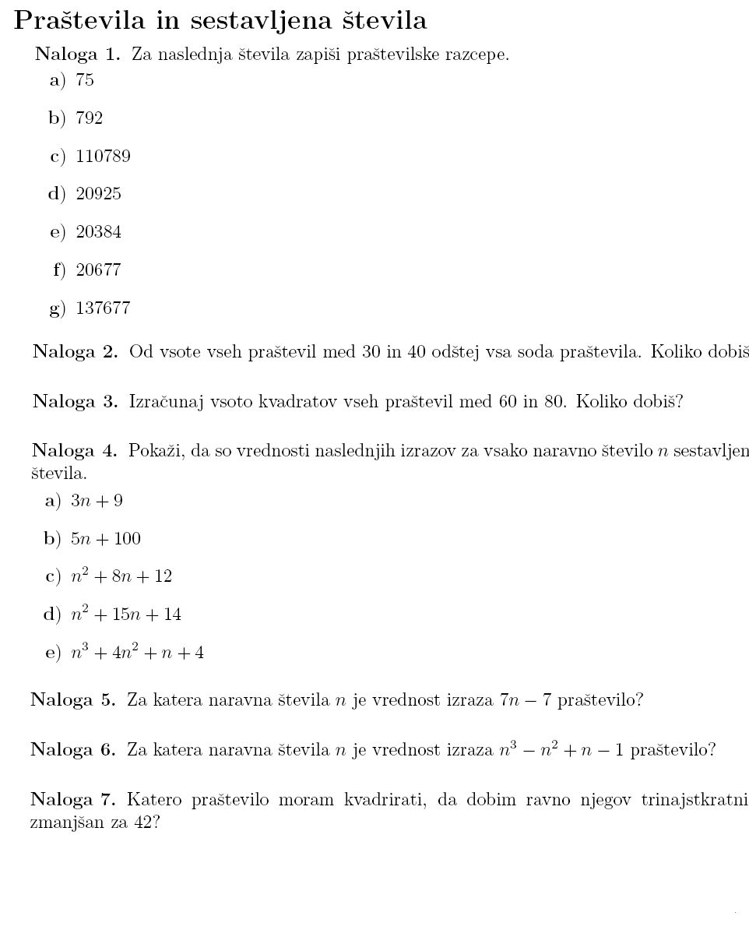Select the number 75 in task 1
[85, 80]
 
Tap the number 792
[89, 118]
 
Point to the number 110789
[103, 157]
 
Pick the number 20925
[98, 194]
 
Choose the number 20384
[98, 232]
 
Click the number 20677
[98, 270]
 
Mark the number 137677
[103, 308]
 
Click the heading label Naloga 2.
[75, 352]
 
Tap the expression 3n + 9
[97, 501]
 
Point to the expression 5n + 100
[106, 539]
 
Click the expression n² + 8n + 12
[121, 576]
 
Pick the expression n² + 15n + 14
[125, 615]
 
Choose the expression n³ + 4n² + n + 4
[137, 653]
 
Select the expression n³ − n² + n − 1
[561, 749]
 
